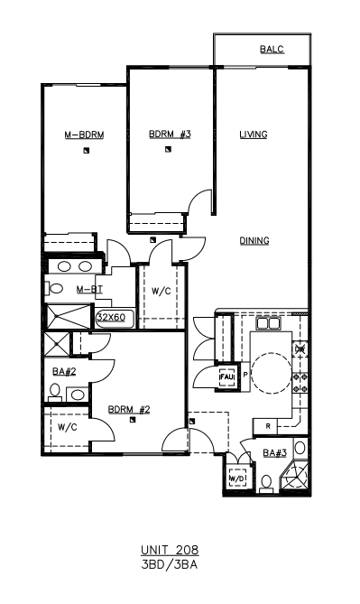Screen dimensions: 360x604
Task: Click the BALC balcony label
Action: [x=272, y=50]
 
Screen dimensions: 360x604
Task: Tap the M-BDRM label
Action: [x=84, y=135]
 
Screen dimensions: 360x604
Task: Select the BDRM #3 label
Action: [x=170, y=135]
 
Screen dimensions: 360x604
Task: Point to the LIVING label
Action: [x=254, y=135]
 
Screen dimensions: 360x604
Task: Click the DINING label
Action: [x=254, y=241]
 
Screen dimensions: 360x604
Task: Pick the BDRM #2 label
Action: [x=129, y=410]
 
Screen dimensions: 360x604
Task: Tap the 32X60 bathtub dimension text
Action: [x=111, y=317]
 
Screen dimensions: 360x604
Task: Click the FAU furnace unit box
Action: [x=226, y=376]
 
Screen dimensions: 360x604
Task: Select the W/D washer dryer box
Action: [x=237, y=478]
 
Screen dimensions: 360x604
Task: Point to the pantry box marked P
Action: [x=245, y=375]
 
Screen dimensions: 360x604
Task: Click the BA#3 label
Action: [x=274, y=453]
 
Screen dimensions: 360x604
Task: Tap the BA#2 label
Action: [x=64, y=372]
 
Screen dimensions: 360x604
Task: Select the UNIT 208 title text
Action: [x=170, y=550]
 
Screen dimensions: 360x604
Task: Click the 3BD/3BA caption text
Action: [x=170, y=564]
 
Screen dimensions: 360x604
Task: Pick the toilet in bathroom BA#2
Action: [x=55, y=392]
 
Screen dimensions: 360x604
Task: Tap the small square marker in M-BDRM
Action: [x=87, y=151]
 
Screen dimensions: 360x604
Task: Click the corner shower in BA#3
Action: [x=295, y=476]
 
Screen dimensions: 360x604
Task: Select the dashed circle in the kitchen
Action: [x=272, y=374]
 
